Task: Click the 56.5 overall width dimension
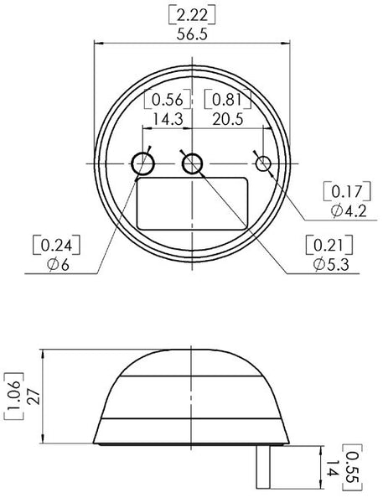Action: pyautogui.click(x=192, y=34)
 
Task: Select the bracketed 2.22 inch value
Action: pyautogui.click(x=192, y=15)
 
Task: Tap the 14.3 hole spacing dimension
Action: pyautogui.click(x=168, y=119)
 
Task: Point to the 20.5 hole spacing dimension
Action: pyautogui.click(x=228, y=119)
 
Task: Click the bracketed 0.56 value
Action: pyautogui.click(x=168, y=100)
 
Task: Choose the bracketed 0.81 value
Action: pyautogui.click(x=228, y=100)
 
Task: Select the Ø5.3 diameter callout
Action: pyautogui.click(x=331, y=264)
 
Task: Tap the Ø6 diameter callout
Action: pyautogui.click(x=58, y=265)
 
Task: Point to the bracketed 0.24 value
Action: pyautogui.click(x=56, y=246)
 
